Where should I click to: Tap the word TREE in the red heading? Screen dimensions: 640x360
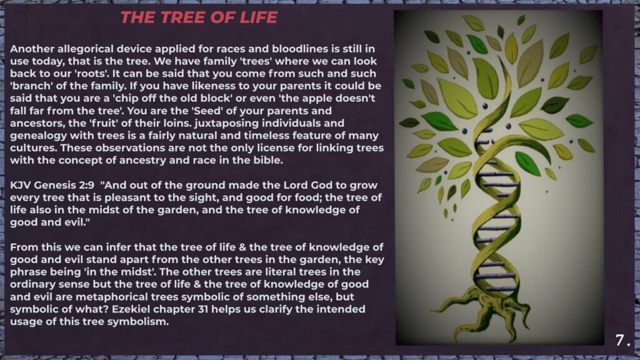[179, 17]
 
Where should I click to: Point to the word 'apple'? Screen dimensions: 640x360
[318, 99]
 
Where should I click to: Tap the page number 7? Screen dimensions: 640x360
[620, 340]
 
